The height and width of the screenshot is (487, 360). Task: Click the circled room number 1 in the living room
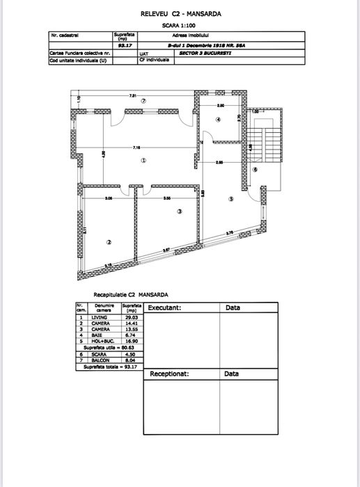coord(143,160)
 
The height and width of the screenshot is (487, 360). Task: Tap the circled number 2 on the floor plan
coord(109,242)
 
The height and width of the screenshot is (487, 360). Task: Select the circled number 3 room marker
coord(179,211)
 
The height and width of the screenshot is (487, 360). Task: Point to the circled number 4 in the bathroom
coord(218,120)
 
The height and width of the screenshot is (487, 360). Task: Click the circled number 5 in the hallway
coord(232,199)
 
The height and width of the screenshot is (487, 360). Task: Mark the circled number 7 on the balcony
coord(143,101)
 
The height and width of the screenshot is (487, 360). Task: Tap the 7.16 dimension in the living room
coord(137,147)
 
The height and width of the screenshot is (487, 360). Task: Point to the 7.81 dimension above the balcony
coord(132,95)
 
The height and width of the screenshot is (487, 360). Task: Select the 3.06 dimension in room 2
coord(109,199)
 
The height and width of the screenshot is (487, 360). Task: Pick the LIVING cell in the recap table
coord(99,317)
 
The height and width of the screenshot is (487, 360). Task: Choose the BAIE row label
coord(96,335)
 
